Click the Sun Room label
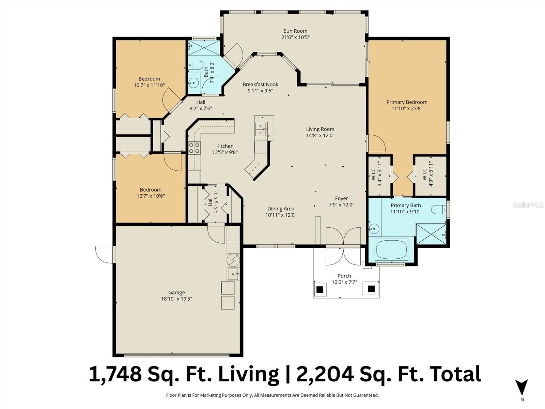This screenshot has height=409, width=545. coord(295,31)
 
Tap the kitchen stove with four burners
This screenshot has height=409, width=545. coord(194,148)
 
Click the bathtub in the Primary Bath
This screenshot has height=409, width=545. coord(391,250)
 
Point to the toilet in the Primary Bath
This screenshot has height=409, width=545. coord(438,210)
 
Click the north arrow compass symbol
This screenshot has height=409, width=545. coord(521,388)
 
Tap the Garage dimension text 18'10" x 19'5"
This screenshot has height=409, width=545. coord(176,299)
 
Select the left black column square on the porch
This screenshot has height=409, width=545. coord(320,289)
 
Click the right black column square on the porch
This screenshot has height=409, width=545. coord(371,289)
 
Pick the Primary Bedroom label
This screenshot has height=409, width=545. coord(407,102)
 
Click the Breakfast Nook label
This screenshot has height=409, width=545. coord(260,84)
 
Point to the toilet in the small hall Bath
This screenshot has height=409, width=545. coord(195,65)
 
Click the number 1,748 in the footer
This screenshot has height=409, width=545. coord(115,374)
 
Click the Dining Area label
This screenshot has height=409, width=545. coord(281,209)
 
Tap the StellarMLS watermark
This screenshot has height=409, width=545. coord(528,204)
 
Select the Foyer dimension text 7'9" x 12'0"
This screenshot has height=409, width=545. coord(341,205)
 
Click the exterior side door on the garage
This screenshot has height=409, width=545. coord(105,254)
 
